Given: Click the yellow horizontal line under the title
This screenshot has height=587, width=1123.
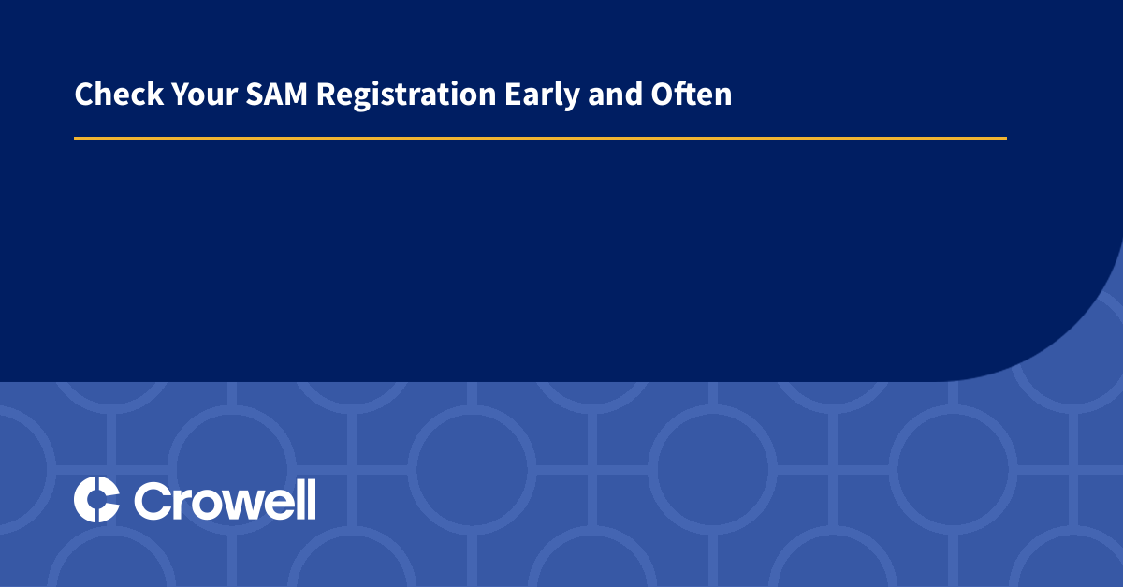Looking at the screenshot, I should [x=540, y=139].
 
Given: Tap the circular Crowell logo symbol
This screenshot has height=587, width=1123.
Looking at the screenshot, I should [x=96, y=499].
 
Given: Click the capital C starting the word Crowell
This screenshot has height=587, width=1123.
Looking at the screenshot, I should [x=152, y=500].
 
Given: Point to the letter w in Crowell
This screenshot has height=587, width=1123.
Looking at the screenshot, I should [x=238, y=504].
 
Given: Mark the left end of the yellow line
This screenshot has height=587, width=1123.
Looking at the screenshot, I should [x=77, y=139].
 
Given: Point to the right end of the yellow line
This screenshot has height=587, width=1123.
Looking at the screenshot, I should [x=1004, y=139].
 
